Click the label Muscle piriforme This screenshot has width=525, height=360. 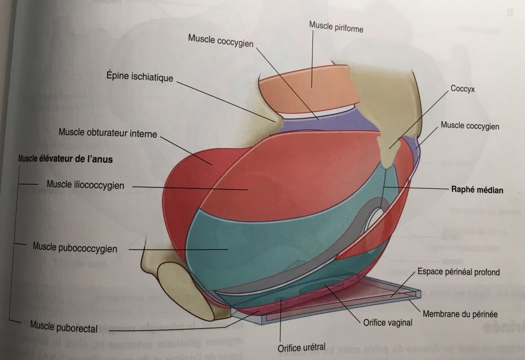point(336,27)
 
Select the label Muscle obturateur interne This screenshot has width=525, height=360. point(108,133)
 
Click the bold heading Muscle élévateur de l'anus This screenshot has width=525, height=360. point(66,158)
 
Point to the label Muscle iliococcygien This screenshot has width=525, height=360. point(85,185)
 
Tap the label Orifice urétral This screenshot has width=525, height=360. point(302,347)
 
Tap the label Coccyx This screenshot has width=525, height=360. point(463,89)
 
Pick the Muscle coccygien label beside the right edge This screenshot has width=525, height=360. point(470,126)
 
